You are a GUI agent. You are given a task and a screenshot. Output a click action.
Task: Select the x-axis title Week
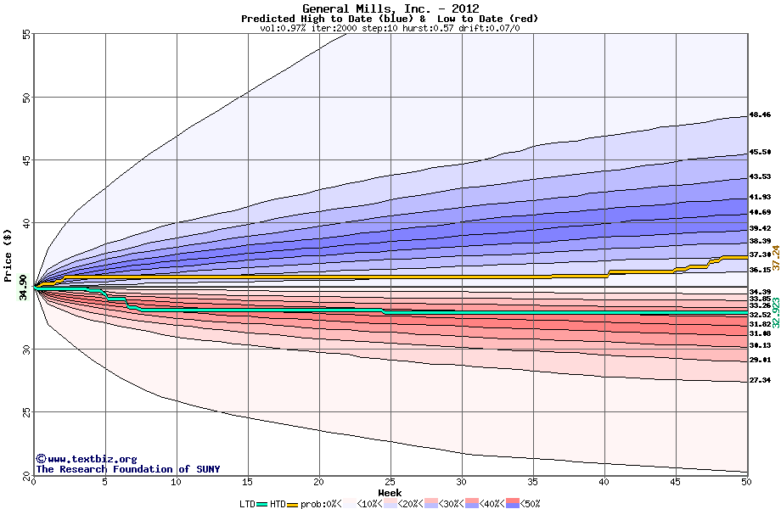[390, 493]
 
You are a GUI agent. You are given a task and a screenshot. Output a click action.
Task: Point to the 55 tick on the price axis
[26, 35]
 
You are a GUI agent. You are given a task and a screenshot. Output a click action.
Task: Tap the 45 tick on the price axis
[26, 160]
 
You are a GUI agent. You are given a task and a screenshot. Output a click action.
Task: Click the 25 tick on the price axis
[26, 412]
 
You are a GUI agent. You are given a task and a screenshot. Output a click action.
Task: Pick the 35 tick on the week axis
[533, 482]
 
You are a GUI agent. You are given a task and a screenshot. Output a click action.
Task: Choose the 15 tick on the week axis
[248, 482]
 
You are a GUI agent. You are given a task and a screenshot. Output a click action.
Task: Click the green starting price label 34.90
[23, 289]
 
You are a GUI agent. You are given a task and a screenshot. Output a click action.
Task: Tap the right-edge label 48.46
[759, 115]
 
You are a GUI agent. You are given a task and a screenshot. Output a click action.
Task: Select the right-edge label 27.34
[759, 381]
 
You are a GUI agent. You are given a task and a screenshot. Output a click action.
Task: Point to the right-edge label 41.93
[759, 197]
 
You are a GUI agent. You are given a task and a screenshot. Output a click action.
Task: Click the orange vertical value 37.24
[775, 257]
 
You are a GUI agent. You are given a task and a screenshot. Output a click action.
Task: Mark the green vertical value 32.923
[775, 312]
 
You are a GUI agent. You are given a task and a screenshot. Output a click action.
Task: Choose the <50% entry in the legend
[523, 503]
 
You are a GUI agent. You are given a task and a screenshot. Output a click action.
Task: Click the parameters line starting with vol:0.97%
[390, 28]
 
